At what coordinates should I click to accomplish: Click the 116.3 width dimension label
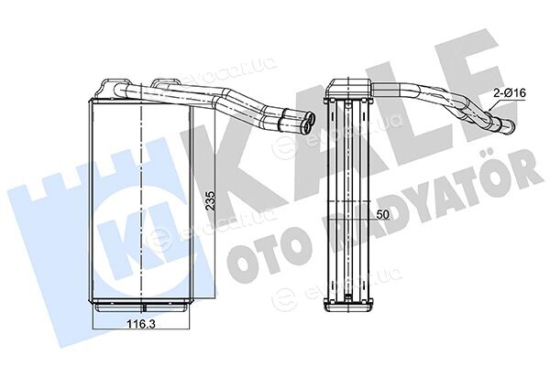(140, 324)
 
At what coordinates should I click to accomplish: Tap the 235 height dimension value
(210, 200)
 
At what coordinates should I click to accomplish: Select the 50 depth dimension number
(382, 214)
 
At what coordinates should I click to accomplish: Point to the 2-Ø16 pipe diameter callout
(510, 93)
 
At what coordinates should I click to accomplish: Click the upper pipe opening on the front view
(311, 116)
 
